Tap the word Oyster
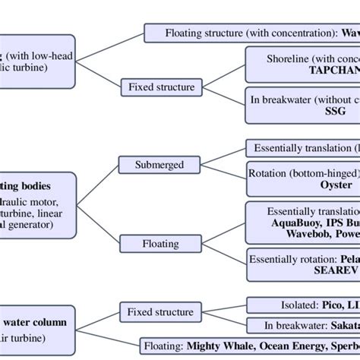pyautogui.click(x=333, y=185)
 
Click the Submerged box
pyautogui.click(x=154, y=164)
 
